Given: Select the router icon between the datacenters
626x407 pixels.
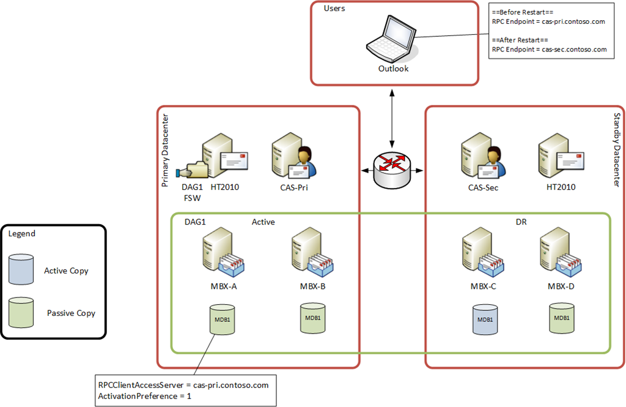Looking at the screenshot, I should (392, 168).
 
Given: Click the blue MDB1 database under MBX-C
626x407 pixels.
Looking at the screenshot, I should (485, 321).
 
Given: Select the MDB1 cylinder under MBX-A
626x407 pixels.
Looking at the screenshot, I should (223, 321).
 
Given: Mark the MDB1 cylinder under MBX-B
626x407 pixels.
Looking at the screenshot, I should (314, 319).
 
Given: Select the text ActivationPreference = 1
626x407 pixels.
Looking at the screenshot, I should (144, 397).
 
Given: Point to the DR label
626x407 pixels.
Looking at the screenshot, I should (521, 223).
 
